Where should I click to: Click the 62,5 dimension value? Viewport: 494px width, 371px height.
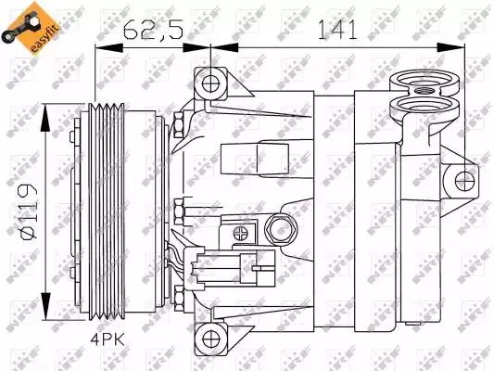(x=153, y=31)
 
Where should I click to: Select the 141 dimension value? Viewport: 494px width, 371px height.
(x=337, y=30)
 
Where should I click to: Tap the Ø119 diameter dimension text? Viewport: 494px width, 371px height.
(x=29, y=211)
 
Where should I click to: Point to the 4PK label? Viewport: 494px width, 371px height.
(x=108, y=339)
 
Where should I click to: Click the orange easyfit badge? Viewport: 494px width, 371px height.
(x=30, y=28)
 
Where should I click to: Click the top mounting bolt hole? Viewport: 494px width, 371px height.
(x=210, y=84)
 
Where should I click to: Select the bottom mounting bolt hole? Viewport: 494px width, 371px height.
(x=210, y=339)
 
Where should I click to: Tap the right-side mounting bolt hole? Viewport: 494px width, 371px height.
(x=464, y=182)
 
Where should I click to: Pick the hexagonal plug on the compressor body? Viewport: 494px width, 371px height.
(x=281, y=229)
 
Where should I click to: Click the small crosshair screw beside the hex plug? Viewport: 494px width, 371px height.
(x=241, y=233)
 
